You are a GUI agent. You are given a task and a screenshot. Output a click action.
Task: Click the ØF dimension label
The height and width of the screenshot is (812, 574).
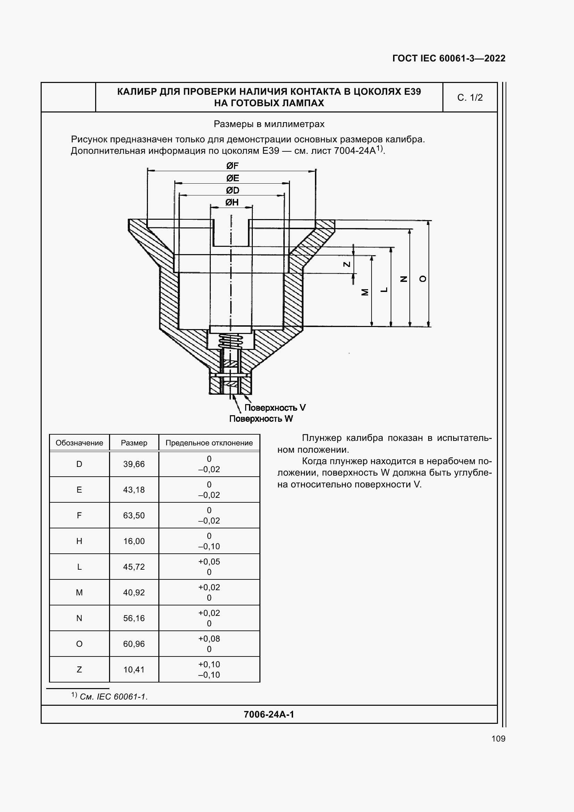coord(232,166)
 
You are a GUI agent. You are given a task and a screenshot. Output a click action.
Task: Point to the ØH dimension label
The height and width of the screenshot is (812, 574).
coord(232,202)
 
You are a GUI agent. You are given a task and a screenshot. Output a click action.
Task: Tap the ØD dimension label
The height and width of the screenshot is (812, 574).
coord(232,190)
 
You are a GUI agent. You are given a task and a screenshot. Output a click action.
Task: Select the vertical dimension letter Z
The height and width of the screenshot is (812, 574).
coord(347,264)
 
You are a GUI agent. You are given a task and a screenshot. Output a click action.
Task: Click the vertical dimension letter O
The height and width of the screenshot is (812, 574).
coord(423,279)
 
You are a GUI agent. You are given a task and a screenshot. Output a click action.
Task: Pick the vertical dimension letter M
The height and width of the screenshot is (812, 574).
coord(365,292)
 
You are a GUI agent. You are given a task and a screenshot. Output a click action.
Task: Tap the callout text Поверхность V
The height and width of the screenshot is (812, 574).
coord(275,408)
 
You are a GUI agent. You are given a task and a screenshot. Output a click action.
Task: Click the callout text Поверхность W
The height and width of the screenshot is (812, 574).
coord(261,419)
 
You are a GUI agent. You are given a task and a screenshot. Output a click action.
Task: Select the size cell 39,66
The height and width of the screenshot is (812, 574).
coord(134,464)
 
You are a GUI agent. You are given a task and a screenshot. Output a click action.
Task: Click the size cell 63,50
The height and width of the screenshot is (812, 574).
coord(134,515)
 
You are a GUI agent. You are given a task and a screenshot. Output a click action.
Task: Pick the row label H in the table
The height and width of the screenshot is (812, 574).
coord(79,541)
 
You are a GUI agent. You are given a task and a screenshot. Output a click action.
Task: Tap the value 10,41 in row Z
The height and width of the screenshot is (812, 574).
coord(134,669)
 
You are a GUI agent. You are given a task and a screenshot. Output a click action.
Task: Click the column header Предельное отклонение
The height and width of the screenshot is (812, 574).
coord(209,443)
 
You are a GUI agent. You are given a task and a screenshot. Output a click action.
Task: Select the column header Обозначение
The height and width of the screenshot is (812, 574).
coord(79,443)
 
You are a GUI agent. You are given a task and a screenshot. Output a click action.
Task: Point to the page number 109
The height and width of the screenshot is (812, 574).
coord(498,738)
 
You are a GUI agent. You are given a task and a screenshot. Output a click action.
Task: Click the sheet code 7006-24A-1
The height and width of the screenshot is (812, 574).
coord(269,714)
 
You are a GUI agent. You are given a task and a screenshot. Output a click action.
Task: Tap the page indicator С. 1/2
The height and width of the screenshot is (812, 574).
coord(470,98)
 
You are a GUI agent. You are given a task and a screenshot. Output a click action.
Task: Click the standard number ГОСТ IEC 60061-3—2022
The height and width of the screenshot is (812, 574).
coord(448,58)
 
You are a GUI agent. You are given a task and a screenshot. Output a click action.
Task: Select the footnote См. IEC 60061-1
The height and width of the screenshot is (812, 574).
coord(113,697)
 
